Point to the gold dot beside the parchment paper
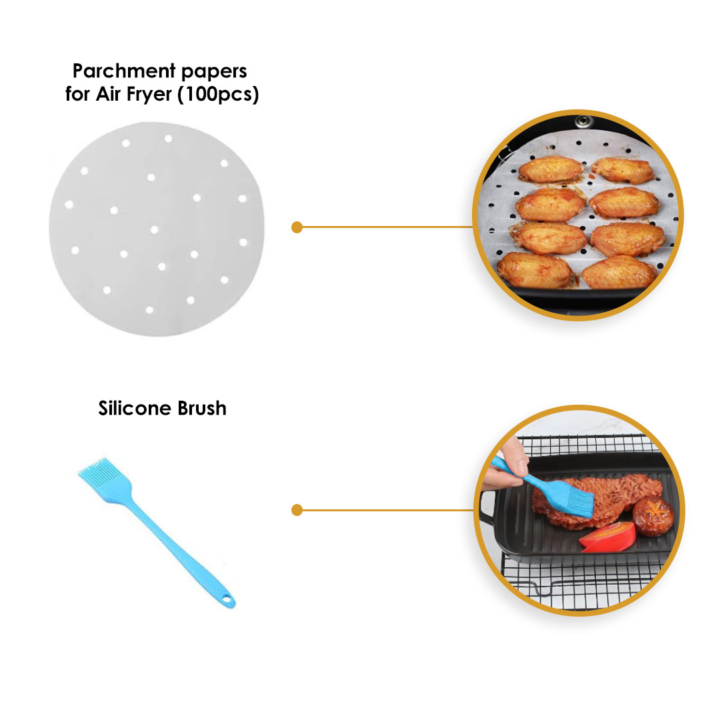[x=297, y=227]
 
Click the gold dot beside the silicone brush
[x=297, y=511]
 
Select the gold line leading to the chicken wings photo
[x=387, y=227]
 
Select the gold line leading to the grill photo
[x=387, y=511]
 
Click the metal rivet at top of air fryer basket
[x=585, y=121]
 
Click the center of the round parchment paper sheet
[x=157, y=229]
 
